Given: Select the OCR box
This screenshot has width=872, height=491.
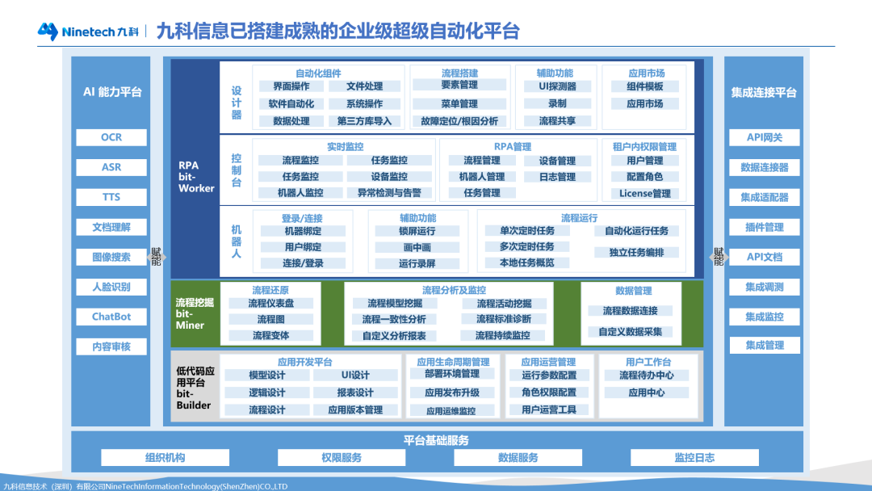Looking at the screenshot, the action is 111,137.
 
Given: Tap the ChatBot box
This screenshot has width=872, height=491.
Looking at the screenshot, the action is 111,317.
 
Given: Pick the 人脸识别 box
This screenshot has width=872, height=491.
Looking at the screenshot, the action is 111,287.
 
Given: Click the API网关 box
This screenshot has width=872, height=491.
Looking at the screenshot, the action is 764,137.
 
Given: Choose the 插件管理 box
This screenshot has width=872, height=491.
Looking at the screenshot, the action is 764,227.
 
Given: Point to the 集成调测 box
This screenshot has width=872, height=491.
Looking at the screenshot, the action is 764,287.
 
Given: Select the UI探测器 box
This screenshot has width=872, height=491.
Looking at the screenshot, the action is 557,86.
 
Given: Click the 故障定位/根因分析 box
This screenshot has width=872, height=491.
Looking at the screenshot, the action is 459,121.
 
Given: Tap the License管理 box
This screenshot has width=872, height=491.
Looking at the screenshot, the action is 645,193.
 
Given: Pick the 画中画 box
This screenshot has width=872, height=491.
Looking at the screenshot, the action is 417,247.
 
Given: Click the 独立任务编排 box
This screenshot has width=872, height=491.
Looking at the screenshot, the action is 636,252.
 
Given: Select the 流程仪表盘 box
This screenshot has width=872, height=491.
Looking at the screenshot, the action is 270,304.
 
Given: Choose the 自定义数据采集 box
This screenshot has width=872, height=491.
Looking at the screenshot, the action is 630,332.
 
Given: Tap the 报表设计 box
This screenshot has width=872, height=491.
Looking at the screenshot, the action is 355,392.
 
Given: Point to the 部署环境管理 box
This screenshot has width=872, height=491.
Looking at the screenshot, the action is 452,374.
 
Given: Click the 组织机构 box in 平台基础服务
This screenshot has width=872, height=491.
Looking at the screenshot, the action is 166,458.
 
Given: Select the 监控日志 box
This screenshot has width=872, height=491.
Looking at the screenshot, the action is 694,458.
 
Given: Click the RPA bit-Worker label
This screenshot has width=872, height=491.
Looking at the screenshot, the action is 196,176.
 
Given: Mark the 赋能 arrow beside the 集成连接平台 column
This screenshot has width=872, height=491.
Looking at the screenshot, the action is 717,257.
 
